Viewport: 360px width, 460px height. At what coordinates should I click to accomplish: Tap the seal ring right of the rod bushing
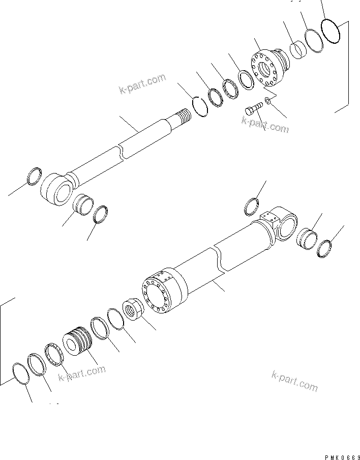click(102, 214)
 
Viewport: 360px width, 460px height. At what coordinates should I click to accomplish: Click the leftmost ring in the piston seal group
click(19, 375)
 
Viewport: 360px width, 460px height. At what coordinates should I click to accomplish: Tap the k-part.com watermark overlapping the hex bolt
click(265, 124)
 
